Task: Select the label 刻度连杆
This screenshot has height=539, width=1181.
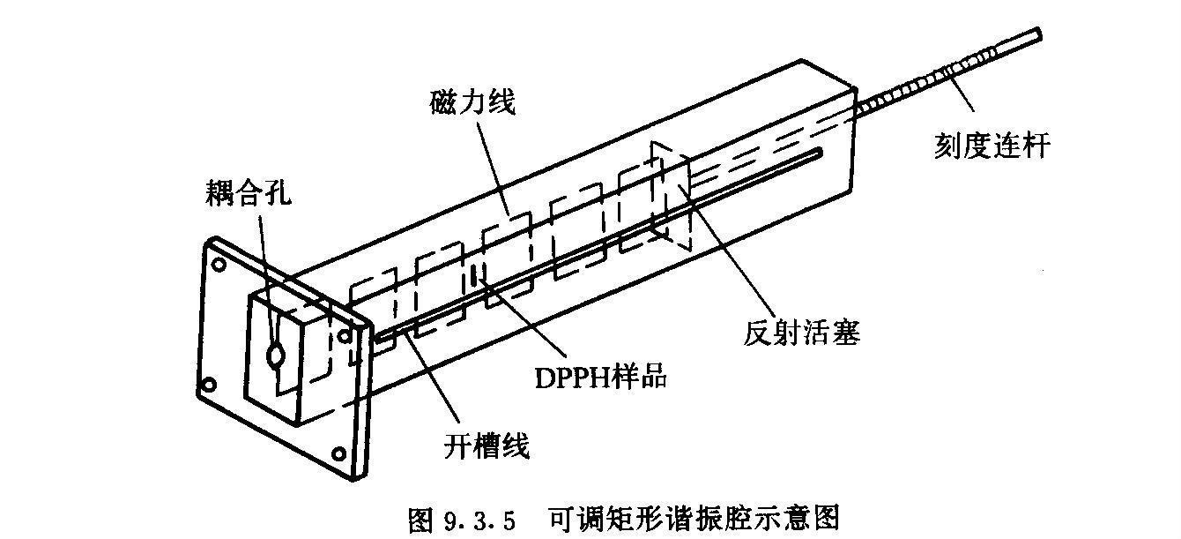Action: pyautogui.click(x=992, y=144)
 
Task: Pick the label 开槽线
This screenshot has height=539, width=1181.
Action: pyautogui.click(x=487, y=446)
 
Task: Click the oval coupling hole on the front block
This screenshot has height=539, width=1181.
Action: pyautogui.click(x=276, y=356)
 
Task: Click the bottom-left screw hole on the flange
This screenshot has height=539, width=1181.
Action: pyautogui.click(x=209, y=385)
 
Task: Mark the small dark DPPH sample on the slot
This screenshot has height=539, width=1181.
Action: pyautogui.click(x=476, y=276)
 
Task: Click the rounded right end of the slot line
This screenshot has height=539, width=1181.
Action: pyautogui.click(x=820, y=154)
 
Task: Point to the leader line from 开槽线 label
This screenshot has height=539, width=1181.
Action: pyautogui.click(x=433, y=380)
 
